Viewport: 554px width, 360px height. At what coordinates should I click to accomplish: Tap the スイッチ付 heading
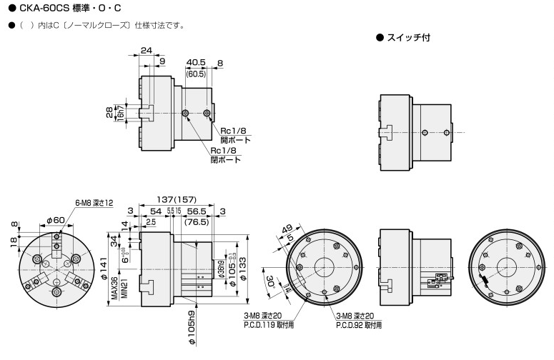click(407, 36)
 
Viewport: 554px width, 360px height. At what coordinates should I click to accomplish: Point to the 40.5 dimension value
click(194, 62)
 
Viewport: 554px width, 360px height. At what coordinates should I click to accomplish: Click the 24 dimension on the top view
click(146, 51)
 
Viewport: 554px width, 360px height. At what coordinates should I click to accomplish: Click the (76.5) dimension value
click(197, 223)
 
